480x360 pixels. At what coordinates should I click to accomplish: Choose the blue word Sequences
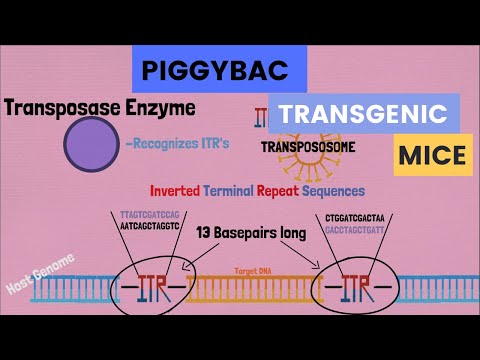coord(333,190)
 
